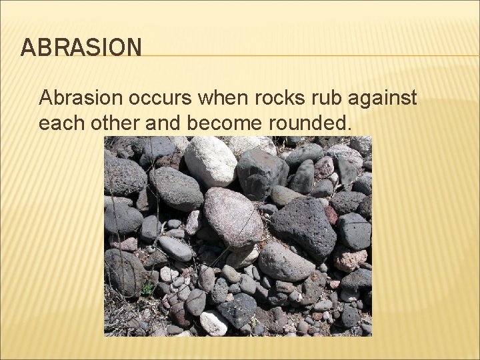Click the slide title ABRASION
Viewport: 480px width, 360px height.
point(81,48)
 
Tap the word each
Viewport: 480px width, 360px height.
point(61,124)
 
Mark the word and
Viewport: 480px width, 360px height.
point(161,124)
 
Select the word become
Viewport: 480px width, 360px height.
point(220,124)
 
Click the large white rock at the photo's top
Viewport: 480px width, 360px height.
point(209,161)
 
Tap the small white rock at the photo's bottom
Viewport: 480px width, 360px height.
point(213,323)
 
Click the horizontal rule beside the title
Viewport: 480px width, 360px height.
point(307,55)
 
